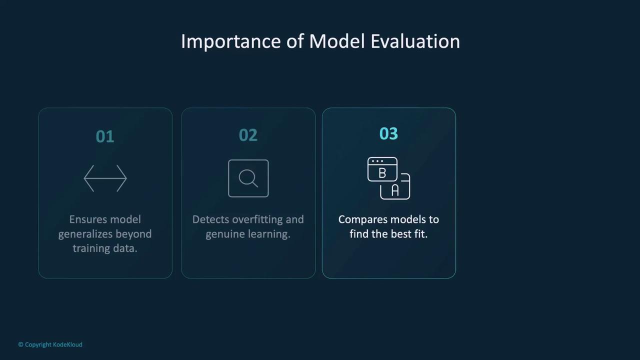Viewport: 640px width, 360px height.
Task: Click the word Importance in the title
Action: pos(231,41)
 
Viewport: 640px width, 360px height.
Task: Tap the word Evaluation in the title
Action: pos(415,41)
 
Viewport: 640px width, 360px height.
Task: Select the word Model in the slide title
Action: pos(337,41)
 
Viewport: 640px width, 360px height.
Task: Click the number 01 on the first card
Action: pos(105,136)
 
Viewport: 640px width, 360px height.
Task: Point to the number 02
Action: pos(248,135)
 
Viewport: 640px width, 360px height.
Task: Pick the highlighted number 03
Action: pos(388,133)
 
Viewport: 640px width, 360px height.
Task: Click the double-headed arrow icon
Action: pos(105,178)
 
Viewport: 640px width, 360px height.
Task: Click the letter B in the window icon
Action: pos(382,173)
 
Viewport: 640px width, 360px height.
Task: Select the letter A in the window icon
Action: pos(395,190)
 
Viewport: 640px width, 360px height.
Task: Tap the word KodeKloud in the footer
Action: pos(67,344)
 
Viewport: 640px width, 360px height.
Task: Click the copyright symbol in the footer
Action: pos(21,344)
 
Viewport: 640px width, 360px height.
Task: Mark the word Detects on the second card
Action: pos(210,219)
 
